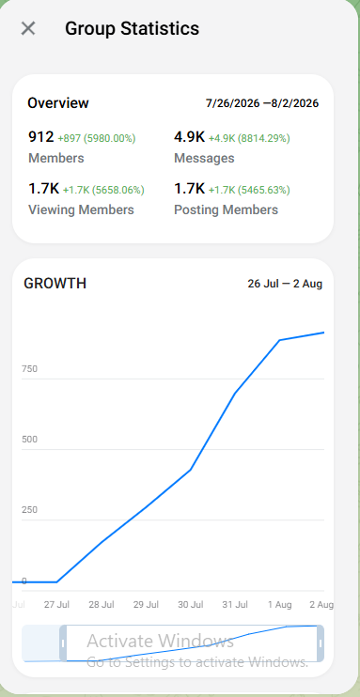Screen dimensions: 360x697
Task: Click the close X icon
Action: click(x=28, y=28)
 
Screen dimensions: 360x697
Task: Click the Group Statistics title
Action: click(x=133, y=29)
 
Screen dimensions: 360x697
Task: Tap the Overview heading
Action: click(x=58, y=103)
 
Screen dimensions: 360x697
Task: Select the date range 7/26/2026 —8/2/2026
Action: click(x=262, y=103)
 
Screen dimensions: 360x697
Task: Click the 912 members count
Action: click(x=41, y=137)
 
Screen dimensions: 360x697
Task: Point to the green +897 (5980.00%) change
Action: click(x=97, y=139)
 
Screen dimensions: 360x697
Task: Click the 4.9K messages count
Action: click(x=189, y=137)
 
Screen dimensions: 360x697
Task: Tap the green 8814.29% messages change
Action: click(x=263, y=139)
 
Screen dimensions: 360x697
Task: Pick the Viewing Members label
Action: click(x=81, y=209)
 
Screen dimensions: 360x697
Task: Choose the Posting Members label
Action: click(x=226, y=209)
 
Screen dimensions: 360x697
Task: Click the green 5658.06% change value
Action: click(x=117, y=191)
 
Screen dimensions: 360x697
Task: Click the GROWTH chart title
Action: click(x=55, y=284)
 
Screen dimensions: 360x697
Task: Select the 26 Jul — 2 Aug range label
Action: click(x=285, y=284)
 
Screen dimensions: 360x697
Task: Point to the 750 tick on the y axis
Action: click(x=29, y=369)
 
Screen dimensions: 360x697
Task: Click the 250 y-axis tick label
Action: click(x=29, y=510)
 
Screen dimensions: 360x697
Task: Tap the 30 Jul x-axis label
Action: click(x=191, y=605)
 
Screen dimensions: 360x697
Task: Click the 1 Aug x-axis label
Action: click(x=279, y=605)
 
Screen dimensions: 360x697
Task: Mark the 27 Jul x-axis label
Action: click(x=56, y=605)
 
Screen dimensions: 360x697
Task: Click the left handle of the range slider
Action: click(x=63, y=643)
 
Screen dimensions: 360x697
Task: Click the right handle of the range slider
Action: click(x=320, y=643)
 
